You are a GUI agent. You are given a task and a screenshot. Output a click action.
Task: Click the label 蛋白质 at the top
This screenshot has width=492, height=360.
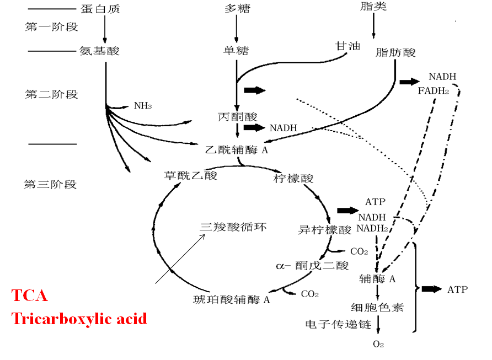(x=100, y=9)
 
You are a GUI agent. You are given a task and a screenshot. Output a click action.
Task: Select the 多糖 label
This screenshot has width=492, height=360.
(x=237, y=9)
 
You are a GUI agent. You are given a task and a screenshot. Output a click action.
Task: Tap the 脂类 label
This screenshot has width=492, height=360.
(x=373, y=7)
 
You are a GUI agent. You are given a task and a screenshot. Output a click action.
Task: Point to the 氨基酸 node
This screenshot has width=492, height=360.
(x=100, y=51)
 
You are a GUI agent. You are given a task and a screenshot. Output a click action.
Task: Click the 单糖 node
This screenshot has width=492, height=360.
(x=237, y=51)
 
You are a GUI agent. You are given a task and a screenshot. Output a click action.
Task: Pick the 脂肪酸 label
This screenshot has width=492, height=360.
(x=395, y=53)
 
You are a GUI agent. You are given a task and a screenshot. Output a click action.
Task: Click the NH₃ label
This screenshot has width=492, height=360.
(x=142, y=105)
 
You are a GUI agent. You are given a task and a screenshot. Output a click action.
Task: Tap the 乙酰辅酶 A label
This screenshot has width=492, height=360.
(x=236, y=149)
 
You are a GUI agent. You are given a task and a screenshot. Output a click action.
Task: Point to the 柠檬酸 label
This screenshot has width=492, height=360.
(x=293, y=178)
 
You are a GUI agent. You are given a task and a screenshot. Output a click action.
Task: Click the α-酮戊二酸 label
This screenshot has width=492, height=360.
(x=312, y=266)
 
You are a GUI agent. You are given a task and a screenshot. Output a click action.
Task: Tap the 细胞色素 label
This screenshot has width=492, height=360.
(x=377, y=307)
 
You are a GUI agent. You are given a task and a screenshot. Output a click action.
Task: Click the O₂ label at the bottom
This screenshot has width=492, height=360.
(x=378, y=345)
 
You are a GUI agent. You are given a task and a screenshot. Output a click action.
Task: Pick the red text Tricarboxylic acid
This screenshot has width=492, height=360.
(x=79, y=318)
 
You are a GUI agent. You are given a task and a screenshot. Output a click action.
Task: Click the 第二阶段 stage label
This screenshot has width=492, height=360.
(x=51, y=94)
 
